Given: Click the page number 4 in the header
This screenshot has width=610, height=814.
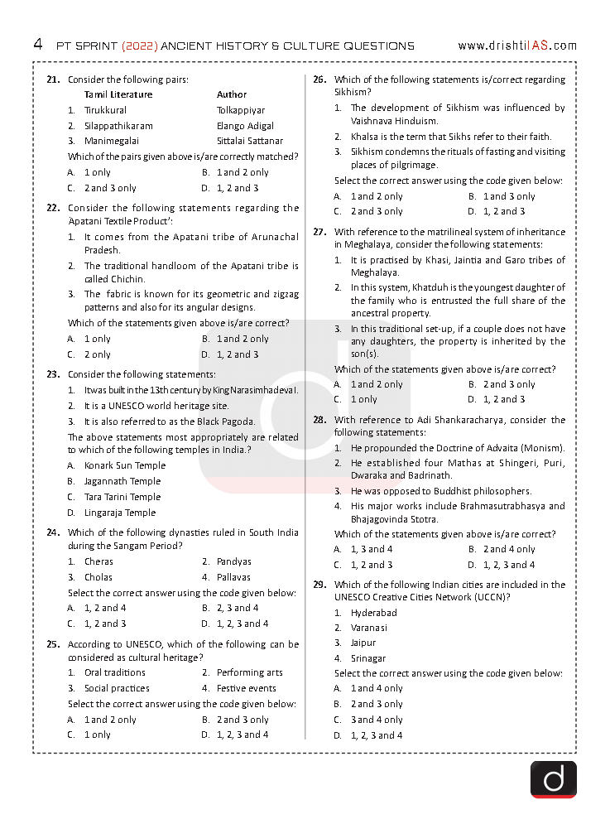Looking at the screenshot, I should (38, 45).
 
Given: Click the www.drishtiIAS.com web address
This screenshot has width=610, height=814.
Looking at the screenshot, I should (516, 46).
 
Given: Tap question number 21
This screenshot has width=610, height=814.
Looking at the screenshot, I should (53, 79).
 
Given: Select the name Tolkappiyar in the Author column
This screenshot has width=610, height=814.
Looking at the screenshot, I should (241, 110).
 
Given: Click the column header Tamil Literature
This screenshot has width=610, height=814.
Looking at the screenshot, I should (121, 94).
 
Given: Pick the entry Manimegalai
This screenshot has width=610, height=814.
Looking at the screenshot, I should (112, 141).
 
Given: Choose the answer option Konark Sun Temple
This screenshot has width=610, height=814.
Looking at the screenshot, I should (125, 465).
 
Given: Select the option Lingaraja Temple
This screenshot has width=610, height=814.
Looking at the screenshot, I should (120, 513).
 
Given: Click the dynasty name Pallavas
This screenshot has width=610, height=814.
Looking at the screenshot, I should (234, 577).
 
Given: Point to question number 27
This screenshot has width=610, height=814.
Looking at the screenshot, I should (319, 232).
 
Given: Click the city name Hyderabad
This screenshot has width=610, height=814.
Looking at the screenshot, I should (373, 613).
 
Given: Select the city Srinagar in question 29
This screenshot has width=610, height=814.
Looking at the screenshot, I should (368, 658).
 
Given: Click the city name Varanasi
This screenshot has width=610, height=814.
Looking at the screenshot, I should (369, 628).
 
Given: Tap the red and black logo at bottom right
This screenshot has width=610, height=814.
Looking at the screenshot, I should (554, 779).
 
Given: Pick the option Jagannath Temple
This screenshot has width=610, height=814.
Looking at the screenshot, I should (122, 481).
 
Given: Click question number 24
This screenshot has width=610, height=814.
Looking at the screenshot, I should (53, 532).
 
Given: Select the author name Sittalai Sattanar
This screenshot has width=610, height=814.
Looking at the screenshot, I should (250, 141).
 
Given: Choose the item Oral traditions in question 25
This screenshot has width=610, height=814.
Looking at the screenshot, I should (115, 672).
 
